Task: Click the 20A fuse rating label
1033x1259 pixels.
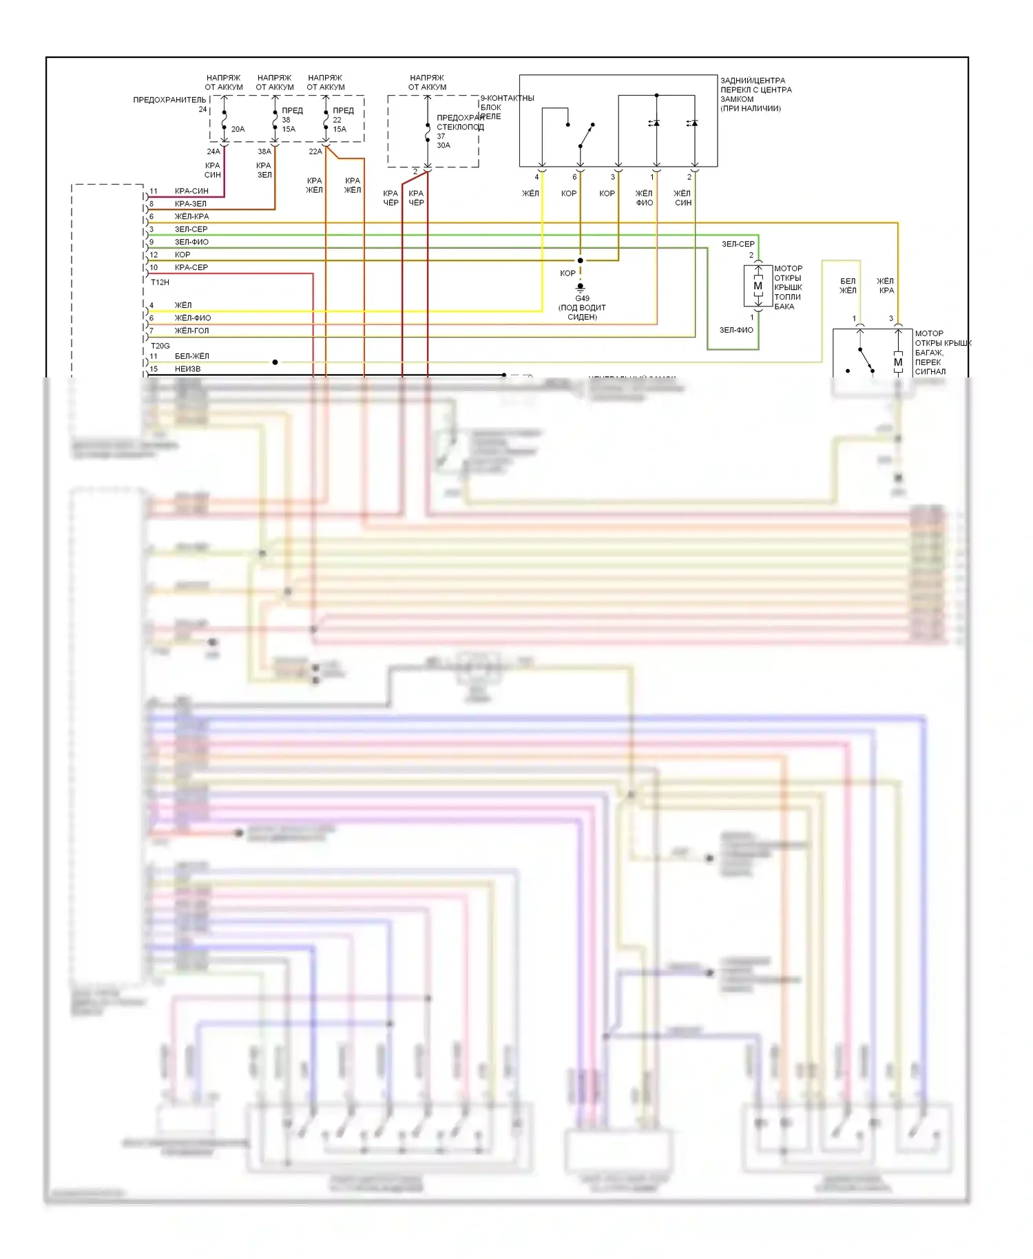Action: click(238, 129)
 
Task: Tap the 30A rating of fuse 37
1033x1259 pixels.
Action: click(444, 145)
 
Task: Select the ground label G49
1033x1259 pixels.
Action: click(582, 299)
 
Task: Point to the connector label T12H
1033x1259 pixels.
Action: click(160, 282)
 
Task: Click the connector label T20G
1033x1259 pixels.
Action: click(160, 346)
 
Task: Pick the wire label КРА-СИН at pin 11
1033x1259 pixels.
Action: click(191, 191)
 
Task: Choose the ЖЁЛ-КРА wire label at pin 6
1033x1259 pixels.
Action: click(191, 216)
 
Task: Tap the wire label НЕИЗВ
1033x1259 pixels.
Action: click(187, 369)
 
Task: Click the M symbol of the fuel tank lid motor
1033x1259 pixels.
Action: click(758, 286)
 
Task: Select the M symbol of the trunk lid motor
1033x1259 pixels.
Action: click(897, 362)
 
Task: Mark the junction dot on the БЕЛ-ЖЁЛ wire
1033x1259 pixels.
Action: click(275, 362)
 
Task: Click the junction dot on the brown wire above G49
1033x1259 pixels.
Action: click(580, 260)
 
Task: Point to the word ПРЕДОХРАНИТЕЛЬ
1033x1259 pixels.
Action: click(169, 100)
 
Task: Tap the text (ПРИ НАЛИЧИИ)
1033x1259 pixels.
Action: click(751, 109)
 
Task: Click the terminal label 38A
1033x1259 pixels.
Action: click(264, 152)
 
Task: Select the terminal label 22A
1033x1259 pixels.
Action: click(315, 152)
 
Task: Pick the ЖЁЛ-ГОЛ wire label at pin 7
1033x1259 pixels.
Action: click(191, 331)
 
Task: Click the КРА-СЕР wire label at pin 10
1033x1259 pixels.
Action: click(191, 267)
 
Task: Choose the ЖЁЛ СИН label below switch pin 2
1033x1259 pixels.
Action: click(682, 198)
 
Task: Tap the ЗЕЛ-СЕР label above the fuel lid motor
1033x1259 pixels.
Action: click(738, 244)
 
